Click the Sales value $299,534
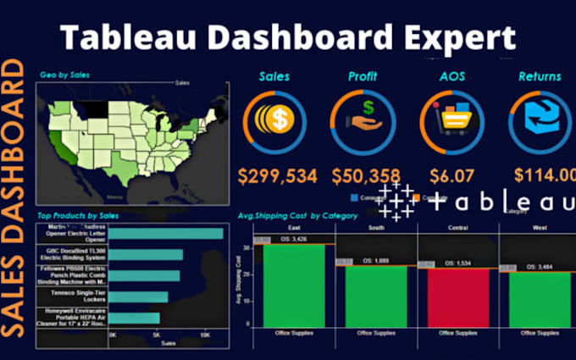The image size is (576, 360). point(277,176)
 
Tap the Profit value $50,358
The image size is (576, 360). point(363,176)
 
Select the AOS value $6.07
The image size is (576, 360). point(451,176)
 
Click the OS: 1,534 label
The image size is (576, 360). point(458,263)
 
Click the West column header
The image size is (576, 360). point(539,229)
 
